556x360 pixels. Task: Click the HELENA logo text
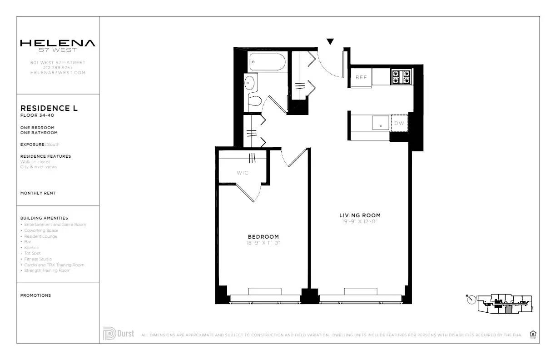[58, 43]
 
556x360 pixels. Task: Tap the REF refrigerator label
[361, 77]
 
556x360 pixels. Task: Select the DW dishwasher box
[399, 123]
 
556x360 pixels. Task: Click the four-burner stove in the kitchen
[401, 77]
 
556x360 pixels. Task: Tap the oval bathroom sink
[249, 83]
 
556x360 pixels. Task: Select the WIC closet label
[242, 173]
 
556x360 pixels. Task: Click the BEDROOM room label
[263, 237]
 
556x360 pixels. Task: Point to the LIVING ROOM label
[360, 215]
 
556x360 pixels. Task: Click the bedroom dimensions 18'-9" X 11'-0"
[263, 243]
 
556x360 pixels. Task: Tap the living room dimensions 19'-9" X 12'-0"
[360, 222]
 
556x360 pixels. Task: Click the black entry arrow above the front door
[330, 42]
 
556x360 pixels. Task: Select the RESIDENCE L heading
[49, 108]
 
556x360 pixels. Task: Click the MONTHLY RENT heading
[38, 193]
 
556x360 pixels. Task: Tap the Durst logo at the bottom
[119, 334]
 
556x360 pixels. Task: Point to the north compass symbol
[471, 300]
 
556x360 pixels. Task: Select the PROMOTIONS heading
[35, 295]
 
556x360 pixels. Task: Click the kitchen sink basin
[381, 123]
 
